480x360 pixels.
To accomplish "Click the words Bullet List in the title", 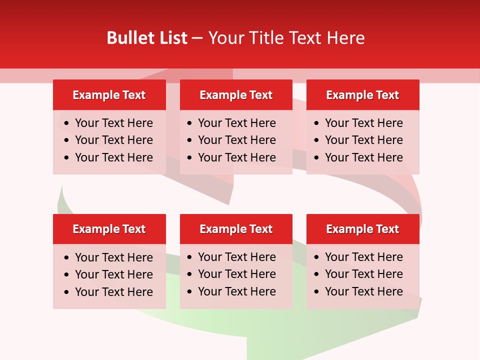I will pyautogui.click(x=147, y=38).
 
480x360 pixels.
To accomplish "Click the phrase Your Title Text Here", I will pyautogui.click(x=286, y=38).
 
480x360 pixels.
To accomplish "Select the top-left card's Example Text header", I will pyautogui.click(x=109, y=95).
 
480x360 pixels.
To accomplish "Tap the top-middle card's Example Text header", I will pyautogui.click(x=236, y=95).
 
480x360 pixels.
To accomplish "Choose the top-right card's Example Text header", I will pyautogui.click(x=362, y=95).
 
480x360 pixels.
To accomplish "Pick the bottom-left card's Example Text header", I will pyautogui.click(x=109, y=229).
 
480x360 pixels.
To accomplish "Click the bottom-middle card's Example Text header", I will pyautogui.click(x=236, y=229).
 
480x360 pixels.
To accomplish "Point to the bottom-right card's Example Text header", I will pyautogui.click(x=362, y=229).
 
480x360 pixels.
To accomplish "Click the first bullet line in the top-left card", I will pyautogui.click(x=114, y=123).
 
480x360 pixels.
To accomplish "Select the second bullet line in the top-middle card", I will pyautogui.click(x=237, y=140).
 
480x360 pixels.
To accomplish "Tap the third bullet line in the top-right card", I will pyautogui.click(x=364, y=157).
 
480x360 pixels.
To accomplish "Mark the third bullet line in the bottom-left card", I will pyautogui.click(x=114, y=292).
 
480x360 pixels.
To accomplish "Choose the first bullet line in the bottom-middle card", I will pyautogui.click(x=237, y=257).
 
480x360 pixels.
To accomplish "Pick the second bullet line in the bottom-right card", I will pyautogui.click(x=364, y=274).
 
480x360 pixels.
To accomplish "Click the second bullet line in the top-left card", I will pyautogui.click(x=114, y=140).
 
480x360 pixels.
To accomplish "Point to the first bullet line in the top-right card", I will pyautogui.click(x=364, y=123).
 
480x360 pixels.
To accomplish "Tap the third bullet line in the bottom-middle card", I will pyautogui.click(x=237, y=291).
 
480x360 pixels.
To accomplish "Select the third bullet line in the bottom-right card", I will pyautogui.click(x=364, y=291).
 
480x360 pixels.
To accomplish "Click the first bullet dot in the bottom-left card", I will pyautogui.click(x=67, y=258).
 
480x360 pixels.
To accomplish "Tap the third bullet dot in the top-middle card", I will pyautogui.click(x=189, y=158).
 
